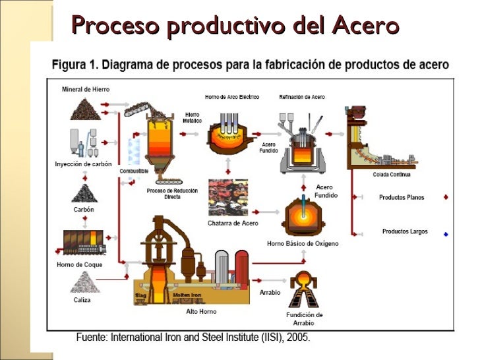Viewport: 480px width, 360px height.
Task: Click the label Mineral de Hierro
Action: pos(86,89)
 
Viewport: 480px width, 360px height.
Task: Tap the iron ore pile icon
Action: pos(86,108)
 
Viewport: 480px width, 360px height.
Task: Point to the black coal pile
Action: pos(84,193)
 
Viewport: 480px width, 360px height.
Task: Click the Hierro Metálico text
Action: pos(192,117)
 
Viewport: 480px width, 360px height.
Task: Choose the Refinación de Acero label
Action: pos(302,97)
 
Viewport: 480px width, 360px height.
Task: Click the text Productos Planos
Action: pos(402,197)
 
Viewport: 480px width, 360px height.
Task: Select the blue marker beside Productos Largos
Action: pos(446,233)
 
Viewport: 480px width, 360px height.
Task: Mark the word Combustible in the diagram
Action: pos(133,171)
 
